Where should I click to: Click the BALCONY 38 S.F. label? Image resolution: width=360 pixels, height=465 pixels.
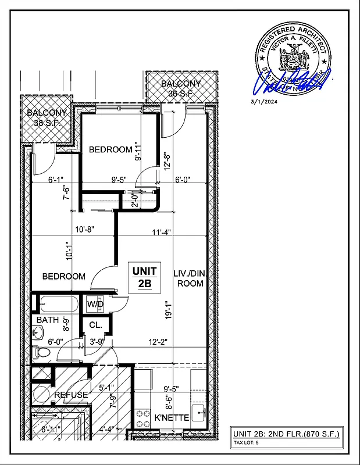[47, 118]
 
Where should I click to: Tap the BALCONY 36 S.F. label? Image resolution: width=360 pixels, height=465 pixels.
[181, 88]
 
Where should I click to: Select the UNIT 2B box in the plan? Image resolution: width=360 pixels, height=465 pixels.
[144, 277]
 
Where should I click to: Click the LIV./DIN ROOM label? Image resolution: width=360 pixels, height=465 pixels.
[188, 278]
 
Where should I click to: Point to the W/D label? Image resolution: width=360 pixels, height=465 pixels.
[95, 304]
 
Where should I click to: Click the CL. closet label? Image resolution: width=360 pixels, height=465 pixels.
[95, 325]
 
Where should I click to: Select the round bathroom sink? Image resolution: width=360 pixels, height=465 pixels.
[38, 333]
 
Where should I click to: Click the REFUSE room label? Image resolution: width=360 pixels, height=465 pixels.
[71, 395]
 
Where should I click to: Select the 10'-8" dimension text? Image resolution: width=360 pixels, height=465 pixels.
[85, 230]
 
